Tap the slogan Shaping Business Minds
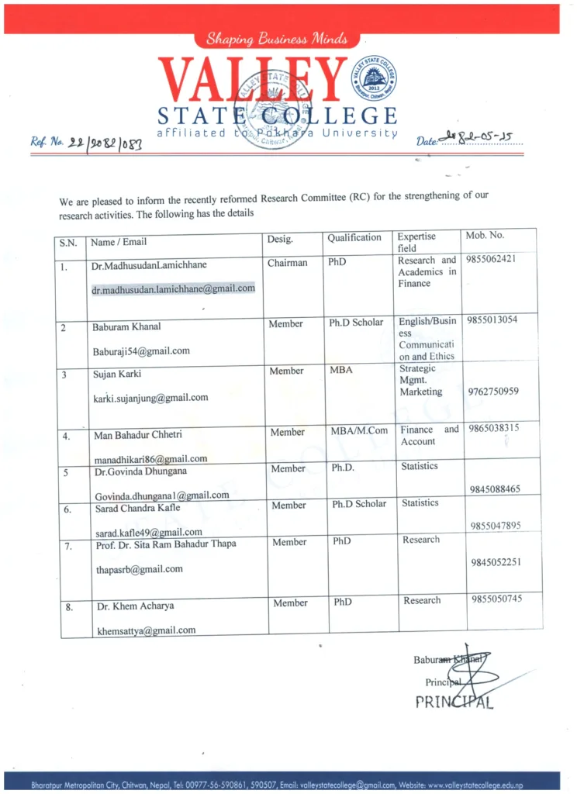pos(277,39)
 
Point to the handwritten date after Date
pos(479,140)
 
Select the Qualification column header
pos(354,237)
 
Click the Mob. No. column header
pos(485,235)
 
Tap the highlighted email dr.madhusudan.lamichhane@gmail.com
pos(173,288)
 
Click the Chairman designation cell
pos(287,263)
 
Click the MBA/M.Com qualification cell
pos(358,431)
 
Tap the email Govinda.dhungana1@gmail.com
pos(161,495)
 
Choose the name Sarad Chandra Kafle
pos(137,508)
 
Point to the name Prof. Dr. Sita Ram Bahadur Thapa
pos(164,544)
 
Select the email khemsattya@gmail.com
pos(146,630)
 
